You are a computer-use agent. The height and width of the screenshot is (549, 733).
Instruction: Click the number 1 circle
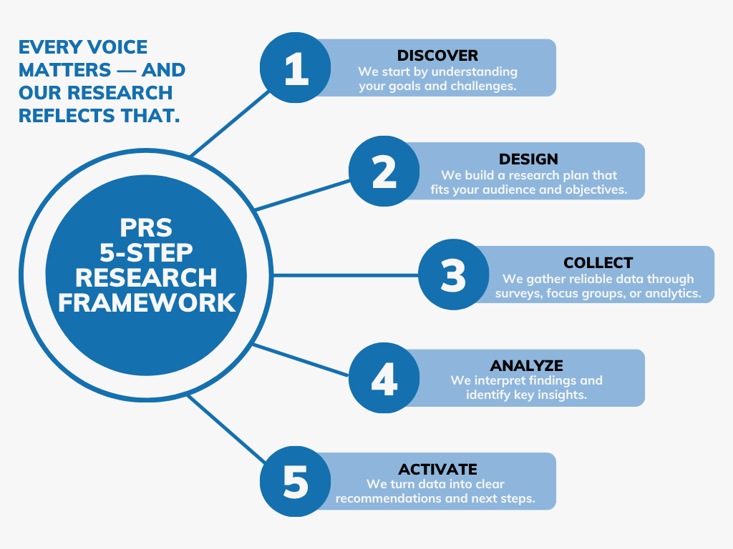tap(295, 68)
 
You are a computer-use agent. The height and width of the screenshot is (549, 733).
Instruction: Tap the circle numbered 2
tap(384, 172)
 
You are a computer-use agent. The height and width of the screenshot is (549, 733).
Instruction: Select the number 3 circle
tap(453, 275)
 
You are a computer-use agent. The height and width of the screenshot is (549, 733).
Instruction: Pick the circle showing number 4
tap(384, 378)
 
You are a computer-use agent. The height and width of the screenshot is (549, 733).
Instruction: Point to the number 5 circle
tap(295, 482)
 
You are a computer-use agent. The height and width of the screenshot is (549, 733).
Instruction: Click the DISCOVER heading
tap(437, 55)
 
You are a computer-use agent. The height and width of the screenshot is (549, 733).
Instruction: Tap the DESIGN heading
tap(528, 159)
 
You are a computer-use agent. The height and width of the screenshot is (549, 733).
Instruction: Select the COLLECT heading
tap(598, 262)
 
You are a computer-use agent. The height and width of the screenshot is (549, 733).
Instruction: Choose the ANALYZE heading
tap(526, 366)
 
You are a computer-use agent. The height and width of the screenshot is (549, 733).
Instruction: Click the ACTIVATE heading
tap(437, 469)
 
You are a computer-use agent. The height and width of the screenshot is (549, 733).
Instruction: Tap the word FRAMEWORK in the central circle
tap(146, 302)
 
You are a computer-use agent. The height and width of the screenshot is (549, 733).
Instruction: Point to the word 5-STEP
tap(146, 253)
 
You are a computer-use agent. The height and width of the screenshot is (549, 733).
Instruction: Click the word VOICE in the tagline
tap(115, 47)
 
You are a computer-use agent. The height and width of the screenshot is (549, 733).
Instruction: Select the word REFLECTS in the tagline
tap(61, 115)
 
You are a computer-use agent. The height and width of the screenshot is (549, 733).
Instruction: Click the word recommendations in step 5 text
tap(389, 498)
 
